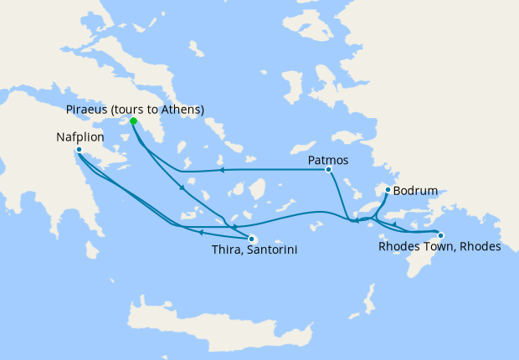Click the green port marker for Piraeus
point(133,121)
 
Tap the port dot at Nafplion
point(79,151)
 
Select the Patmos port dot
point(329,170)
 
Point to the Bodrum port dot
point(387,191)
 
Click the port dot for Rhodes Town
point(441,235)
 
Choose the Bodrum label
point(415,192)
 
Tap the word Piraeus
point(86,110)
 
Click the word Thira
point(223,249)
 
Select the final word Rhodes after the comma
point(480,247)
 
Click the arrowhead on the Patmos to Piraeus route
point(223,170)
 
